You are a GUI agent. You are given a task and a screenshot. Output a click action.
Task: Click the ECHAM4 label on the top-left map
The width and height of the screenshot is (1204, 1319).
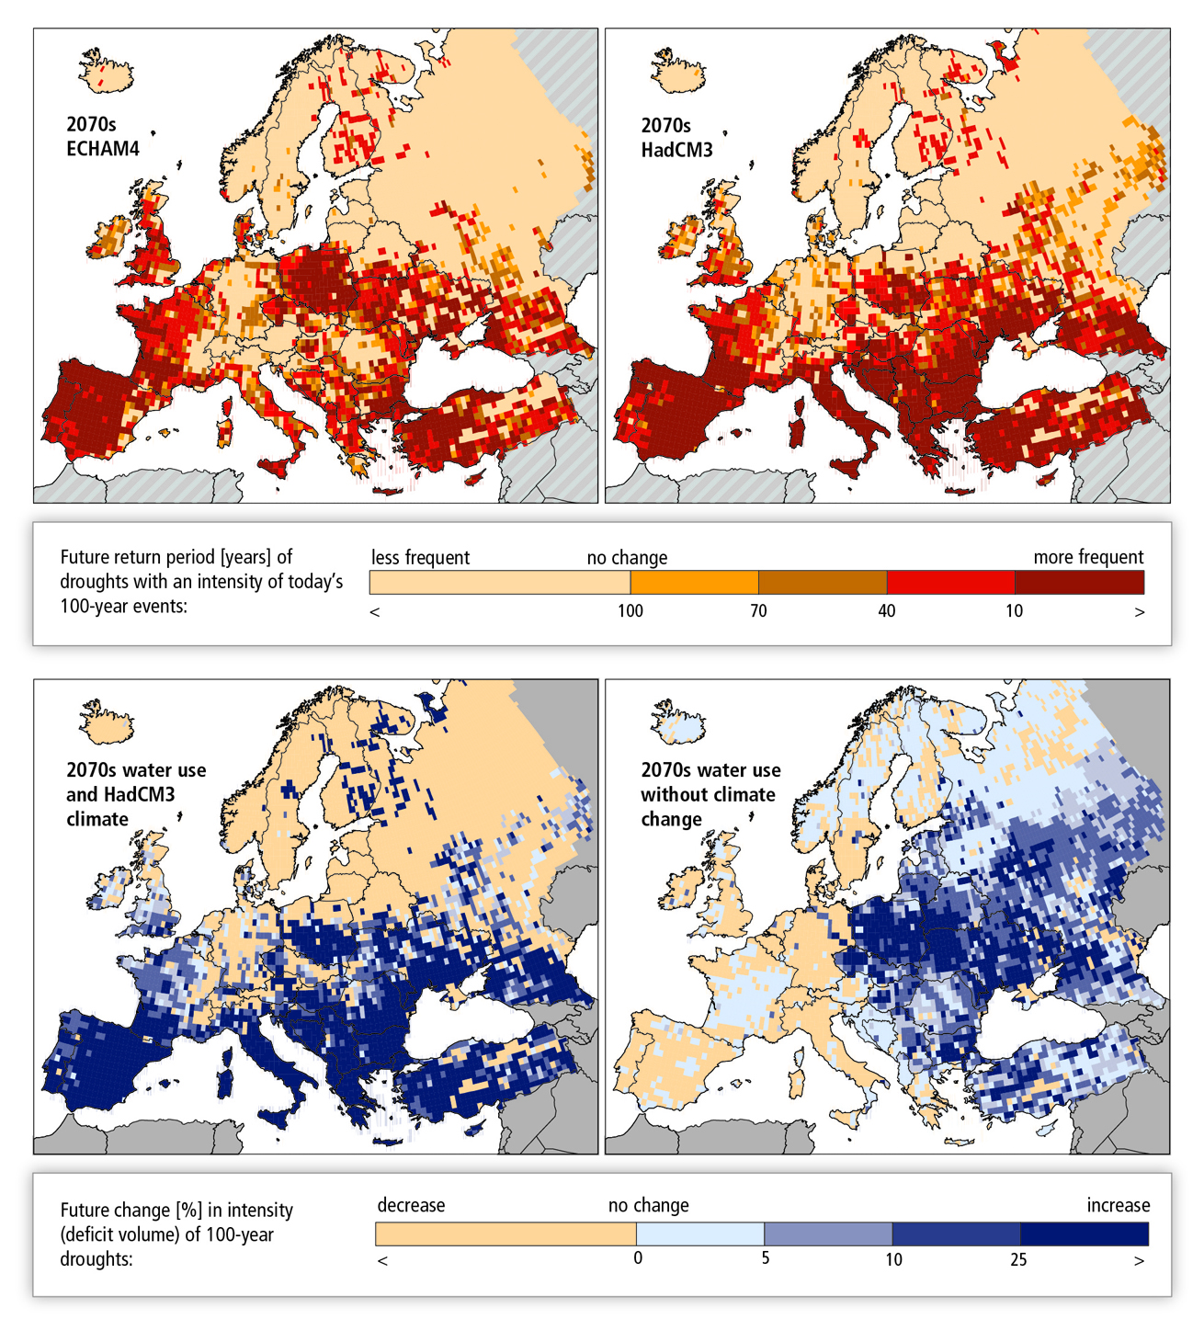pos(102,149)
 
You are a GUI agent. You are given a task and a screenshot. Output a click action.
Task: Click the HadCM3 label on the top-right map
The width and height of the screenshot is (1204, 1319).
pos(676,149)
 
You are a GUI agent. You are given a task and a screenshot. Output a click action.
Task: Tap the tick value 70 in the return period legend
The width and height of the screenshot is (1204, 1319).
pos(758,611)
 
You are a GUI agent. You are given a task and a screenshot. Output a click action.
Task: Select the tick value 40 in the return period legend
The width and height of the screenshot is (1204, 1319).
pos(886,611)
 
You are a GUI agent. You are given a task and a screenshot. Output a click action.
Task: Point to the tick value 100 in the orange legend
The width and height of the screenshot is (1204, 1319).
pos(630,611)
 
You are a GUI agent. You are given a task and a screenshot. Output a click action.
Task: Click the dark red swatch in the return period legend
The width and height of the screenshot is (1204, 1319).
pos(1079,582)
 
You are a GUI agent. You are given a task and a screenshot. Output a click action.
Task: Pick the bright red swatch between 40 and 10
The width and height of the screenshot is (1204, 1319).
pos(950,582)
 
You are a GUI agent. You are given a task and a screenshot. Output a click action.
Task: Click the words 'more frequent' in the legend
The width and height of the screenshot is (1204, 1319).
pos(1088,557)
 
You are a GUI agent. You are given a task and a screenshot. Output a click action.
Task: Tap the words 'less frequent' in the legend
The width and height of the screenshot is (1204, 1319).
pos(420,557)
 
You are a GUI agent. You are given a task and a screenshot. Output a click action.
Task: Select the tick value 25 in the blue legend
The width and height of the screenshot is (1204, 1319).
pos(1018,1259)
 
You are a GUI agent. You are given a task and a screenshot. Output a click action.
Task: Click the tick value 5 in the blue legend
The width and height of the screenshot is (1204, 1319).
pos(765,1258)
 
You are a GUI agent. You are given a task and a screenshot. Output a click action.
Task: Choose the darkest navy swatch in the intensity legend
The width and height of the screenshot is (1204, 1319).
pos(1084,1234)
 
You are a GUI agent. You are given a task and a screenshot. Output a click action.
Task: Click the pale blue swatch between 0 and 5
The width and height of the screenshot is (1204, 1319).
pos(699,1234)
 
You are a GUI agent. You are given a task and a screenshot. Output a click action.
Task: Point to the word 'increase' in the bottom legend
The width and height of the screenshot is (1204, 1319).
pos(1118,1205)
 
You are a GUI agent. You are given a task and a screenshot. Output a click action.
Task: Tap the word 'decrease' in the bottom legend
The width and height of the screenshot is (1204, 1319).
pos(411,1205)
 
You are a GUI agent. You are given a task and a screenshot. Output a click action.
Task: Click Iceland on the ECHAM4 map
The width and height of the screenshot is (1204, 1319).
pos(106,71)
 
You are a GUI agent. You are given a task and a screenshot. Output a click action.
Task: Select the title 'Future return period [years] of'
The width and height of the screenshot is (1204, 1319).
pos(176,557)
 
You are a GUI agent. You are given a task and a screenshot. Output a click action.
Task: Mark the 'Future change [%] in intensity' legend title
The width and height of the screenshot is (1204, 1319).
pos(176,1211)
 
